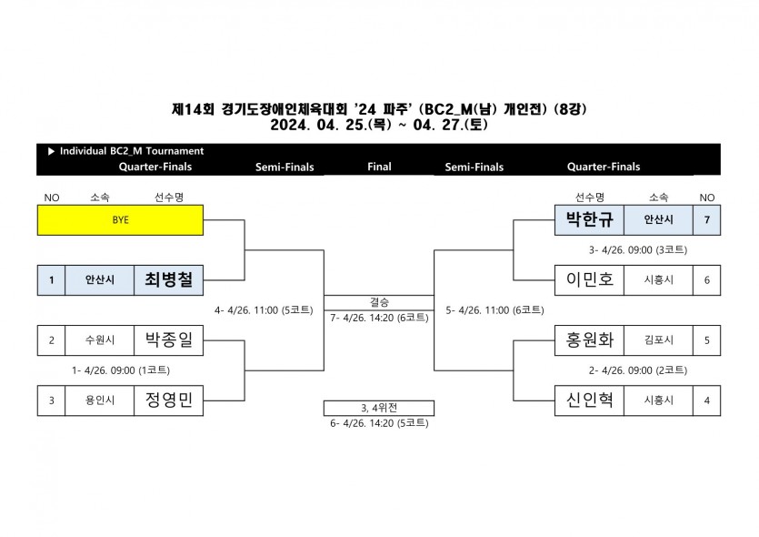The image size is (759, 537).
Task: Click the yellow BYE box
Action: (120, 220)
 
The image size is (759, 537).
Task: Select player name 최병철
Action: (168, 280)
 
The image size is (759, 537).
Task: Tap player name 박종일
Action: (168, 340)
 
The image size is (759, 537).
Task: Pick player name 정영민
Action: (168, 400)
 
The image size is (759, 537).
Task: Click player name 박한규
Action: (589, 220)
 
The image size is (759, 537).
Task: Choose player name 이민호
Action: (589, 280)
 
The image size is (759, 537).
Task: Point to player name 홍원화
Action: (589, 340)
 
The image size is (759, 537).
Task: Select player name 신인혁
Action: (589, 400)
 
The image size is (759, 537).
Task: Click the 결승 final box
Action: (379, 302)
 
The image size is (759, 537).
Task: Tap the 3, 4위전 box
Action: (379, 407)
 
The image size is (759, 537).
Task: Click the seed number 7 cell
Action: (706, 220)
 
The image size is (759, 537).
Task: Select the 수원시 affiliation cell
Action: (100, 340)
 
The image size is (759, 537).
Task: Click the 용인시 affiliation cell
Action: (100, 400)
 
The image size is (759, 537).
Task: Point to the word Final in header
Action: (379, 167)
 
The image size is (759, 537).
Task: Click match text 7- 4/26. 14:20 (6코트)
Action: (379, 318)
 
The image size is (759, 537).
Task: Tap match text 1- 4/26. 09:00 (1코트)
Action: (121, 370)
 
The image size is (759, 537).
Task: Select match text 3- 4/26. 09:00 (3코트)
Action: (637, 250)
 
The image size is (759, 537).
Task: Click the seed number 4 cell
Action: (706, 400)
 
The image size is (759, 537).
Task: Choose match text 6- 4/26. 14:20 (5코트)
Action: (379, 423)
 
